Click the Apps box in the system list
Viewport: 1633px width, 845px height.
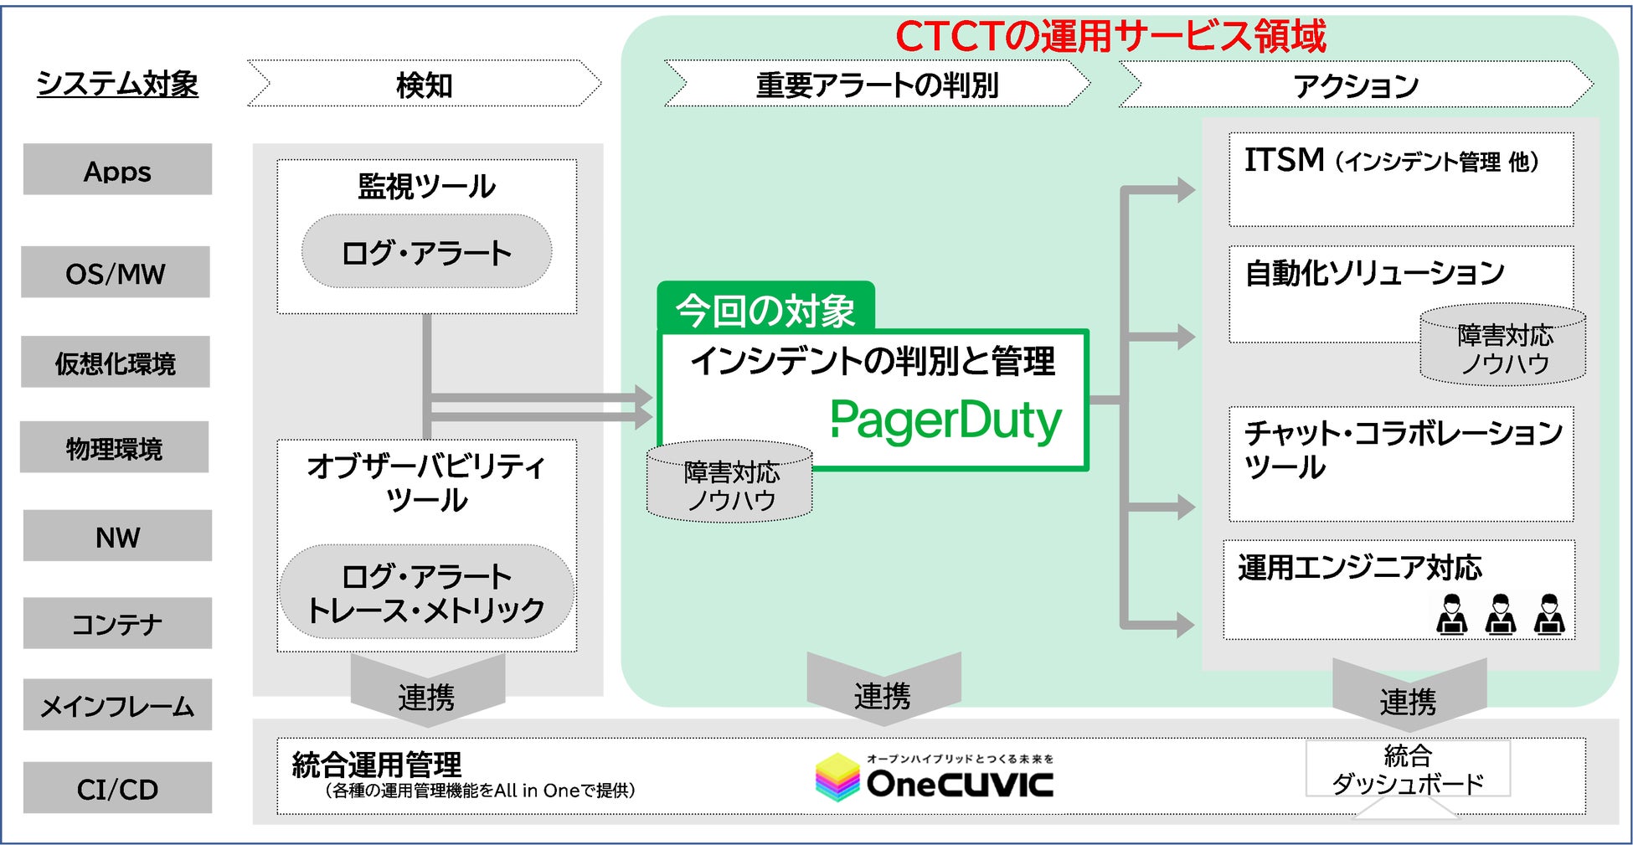(x=117, y=170)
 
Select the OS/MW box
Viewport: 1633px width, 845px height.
(x=116, y=272)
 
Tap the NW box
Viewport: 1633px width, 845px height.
(x=117, y=536)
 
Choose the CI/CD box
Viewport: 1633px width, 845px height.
(x=117, y=788)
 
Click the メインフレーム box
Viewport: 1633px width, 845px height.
(x=117, y=705)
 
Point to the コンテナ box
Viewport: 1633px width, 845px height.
(x=117, y=623)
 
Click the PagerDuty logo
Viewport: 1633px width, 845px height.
(x=946, y=420)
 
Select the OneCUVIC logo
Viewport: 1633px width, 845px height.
(x=935, y=777)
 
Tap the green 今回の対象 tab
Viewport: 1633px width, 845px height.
(x=765, y=308)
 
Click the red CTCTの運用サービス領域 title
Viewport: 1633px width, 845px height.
(x=1110, y=37)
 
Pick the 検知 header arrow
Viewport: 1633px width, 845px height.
(x=425, y=84)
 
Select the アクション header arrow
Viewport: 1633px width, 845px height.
(x=1356, y=85)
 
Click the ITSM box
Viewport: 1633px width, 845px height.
(x=1401, y=179)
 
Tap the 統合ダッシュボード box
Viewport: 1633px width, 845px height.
(x=1408, y=769)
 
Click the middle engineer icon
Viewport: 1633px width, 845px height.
(x=1500, y=615)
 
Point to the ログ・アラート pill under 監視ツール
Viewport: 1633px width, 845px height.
(x=426, y=251)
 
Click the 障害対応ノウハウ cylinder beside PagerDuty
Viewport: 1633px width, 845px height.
(x=729, y=484)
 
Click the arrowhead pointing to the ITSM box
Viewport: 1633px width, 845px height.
(x=1185, y=190)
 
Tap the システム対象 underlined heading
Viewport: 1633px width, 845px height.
(x=117, y=84)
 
